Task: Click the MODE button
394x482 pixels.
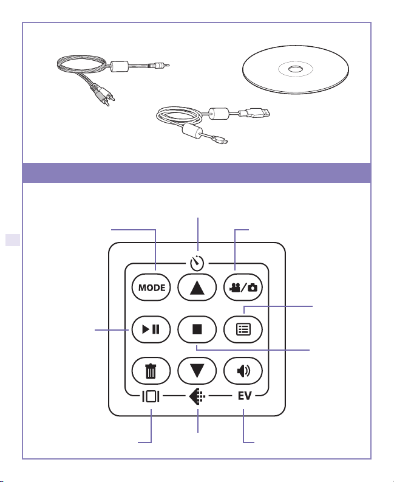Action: click(148, 287)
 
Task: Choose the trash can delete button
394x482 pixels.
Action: click(148, 371)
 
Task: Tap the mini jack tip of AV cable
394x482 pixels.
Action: click(165, 63)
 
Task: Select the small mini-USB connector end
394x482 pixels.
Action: click(223, 143)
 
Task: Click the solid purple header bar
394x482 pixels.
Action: click(197, 173)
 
